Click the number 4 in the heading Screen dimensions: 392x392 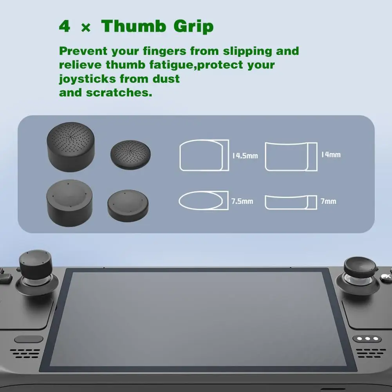(65, 27)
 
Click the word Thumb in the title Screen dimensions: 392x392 (133, 27)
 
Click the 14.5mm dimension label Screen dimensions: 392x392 (245, 155)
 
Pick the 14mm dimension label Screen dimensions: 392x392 (331, 154)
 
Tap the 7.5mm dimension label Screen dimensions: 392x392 (242, 201)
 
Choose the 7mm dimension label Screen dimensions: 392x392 (328, 201)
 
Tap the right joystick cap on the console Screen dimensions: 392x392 (359, 266)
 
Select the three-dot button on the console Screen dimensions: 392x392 (366, 338)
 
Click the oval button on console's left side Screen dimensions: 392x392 (29, 339)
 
